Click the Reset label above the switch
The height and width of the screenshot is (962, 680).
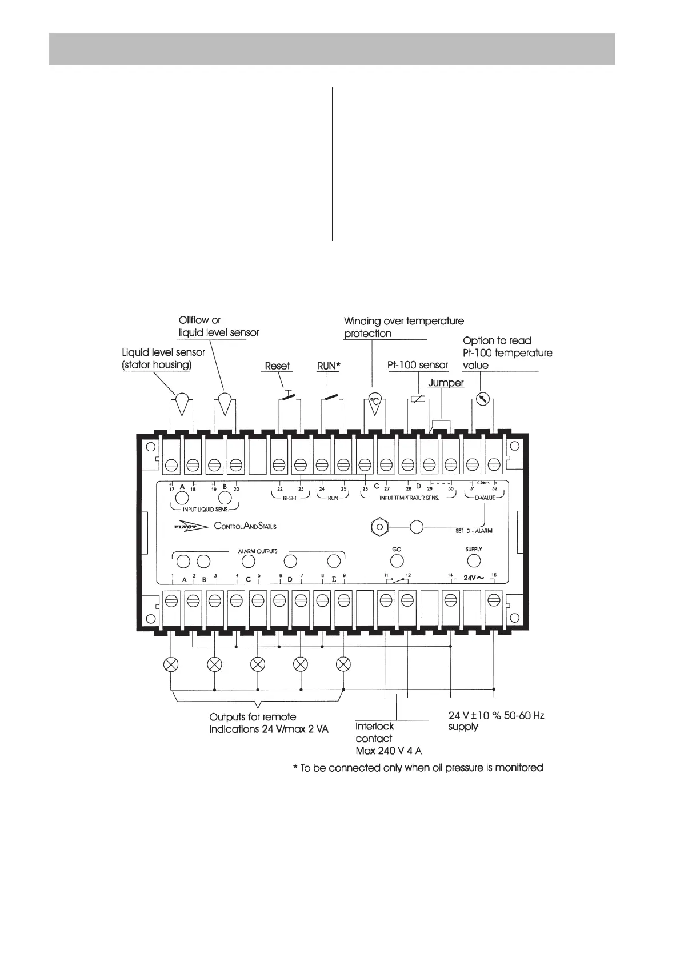click(277, 366)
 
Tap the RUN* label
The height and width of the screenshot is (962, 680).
click(329, 366)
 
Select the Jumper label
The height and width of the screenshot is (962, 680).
click(446, 383)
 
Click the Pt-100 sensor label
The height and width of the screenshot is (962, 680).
click(418, 365)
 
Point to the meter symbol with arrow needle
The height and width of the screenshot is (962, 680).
click(482, 399)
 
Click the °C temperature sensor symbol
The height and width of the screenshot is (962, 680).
click(375, 400)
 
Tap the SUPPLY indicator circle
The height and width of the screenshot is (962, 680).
click(474, 560)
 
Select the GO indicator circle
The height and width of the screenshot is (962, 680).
click(397, 561)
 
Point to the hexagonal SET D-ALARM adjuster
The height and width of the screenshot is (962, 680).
click(378, 526)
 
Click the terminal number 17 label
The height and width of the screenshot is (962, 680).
click(171, 489)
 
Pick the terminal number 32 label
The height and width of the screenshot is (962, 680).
click(495, 488)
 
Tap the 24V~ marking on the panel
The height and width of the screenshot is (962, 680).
click(474, 578)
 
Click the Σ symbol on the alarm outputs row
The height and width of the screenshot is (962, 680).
click(334, 579)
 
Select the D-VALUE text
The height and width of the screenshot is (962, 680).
click(485, 498)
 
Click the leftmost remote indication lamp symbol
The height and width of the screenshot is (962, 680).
click(171, 664)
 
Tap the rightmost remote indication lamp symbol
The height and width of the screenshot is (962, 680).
click(343, 664)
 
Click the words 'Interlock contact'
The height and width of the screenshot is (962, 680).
click(375, 732)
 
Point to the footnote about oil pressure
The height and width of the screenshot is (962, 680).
click(418, 768)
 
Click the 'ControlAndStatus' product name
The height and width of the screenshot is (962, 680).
click(245, 526)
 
